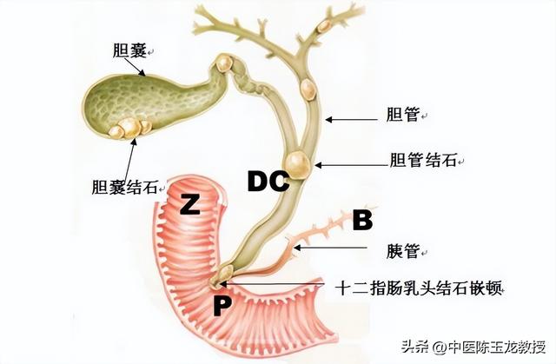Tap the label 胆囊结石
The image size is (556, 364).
tap(125, 186)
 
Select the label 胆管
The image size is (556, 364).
tap(404, 114)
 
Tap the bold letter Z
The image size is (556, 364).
tap(190, 205)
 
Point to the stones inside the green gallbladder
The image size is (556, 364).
tap(128, 127)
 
